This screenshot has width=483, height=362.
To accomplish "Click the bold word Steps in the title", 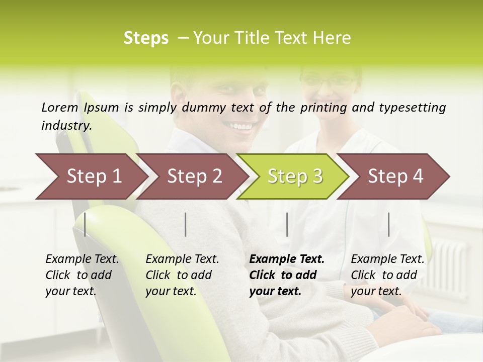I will [x=146, y=38].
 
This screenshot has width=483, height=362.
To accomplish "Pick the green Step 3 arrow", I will [x=293, y=176].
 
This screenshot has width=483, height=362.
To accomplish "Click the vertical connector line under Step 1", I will [x=85, y=224].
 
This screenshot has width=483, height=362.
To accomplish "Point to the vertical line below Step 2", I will [x=186, y=224].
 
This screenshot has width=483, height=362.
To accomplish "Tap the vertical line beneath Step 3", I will [x=287, y=224].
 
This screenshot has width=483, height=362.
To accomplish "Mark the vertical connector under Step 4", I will [x=389, y=224].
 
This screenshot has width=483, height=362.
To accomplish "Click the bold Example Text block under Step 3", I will [x=287, y=275].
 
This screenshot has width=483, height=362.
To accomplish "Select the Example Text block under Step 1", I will [x=82, y=275].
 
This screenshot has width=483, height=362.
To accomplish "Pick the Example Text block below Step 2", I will [x=182, y=275].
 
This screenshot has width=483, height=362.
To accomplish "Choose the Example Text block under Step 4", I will [x=387, y=275].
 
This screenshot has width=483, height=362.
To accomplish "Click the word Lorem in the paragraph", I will [x=59, y=108].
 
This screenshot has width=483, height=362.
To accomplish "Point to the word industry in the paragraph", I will [x=66, y=126].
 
